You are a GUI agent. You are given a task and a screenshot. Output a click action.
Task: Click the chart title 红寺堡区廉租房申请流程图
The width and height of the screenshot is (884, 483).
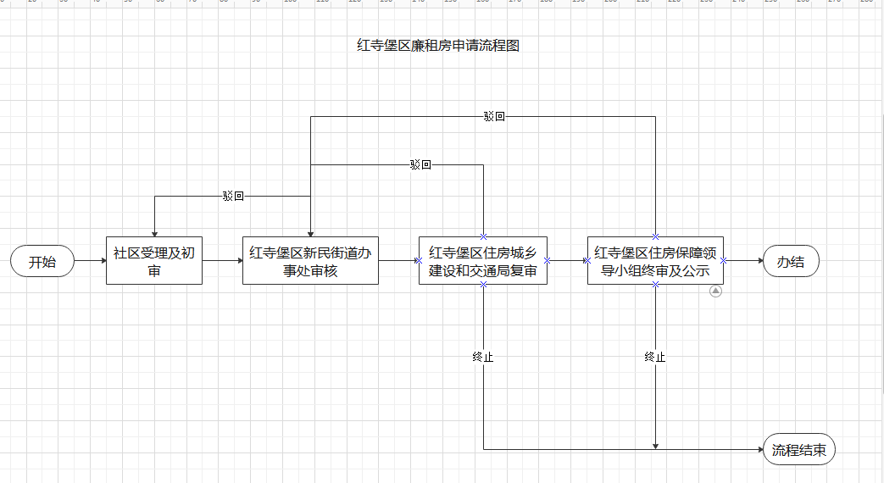point(438,45)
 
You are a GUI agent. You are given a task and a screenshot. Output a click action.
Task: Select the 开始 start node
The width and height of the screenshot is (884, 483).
point(42,261)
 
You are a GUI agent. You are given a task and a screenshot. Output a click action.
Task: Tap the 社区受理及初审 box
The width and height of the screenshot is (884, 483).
point(154,260)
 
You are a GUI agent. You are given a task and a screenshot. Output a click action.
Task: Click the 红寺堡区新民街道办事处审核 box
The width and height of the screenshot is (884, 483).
point(311,260)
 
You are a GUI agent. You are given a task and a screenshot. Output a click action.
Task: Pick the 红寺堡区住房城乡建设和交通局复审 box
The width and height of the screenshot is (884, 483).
point(483,260)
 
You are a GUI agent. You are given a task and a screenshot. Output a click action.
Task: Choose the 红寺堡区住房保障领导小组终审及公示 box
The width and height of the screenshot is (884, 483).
point(655,260)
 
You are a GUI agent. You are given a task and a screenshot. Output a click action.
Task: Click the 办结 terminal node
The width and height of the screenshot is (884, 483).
point(791,261)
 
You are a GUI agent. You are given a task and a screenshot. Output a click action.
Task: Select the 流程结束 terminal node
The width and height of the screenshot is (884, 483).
point(799,449)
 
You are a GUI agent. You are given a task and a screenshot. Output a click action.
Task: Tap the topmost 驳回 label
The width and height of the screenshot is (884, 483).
point(494,116)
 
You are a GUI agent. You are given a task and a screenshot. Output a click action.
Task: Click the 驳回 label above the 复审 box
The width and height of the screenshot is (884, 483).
point(420,164)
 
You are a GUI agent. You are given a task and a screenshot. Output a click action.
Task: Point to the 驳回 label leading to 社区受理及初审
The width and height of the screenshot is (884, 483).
point(233,196)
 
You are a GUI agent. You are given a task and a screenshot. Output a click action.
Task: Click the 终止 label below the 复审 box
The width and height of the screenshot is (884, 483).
point(483,357)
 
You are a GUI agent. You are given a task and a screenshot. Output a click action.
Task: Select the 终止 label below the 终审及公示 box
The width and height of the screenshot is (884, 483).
point(655,357)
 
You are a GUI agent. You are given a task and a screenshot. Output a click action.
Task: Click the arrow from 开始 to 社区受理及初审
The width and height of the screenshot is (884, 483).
point(90,260)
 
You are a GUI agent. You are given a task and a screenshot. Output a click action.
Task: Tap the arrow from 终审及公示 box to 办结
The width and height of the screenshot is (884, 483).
point(743,260)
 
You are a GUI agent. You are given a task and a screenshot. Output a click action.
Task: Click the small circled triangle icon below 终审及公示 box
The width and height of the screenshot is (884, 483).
point(715,291)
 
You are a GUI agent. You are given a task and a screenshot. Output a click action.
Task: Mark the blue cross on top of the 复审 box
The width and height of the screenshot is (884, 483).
point(483,236)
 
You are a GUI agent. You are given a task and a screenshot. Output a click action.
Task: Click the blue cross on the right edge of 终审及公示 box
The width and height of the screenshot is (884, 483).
point(723,260)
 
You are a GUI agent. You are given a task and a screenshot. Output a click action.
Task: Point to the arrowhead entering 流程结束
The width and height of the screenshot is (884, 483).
point(760,449)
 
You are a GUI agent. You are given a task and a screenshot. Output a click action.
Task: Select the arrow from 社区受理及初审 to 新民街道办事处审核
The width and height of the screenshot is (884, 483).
point(223,260)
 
